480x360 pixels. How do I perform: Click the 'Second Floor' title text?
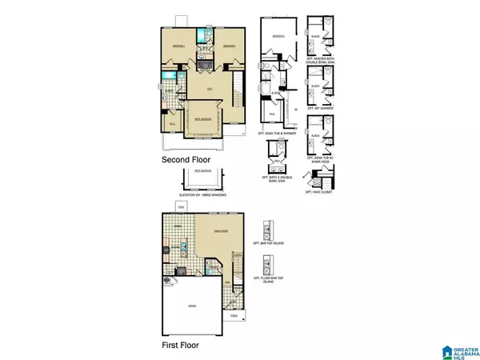(x=187, y=159)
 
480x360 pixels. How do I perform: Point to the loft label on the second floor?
(x=209, y=89)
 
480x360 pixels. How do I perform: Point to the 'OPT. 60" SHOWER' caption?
(x=319, y=106)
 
